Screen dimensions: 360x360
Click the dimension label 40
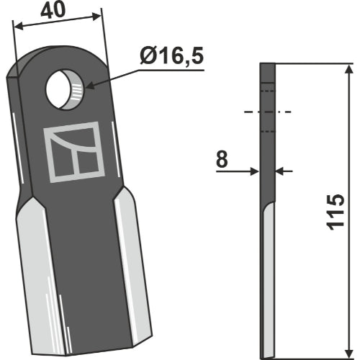pos(53,11)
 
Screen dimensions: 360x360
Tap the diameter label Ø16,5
pos(172,56)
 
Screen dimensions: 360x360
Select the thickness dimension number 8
pos(222,159)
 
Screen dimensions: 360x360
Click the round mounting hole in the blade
pos(65,90)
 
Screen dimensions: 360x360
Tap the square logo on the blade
pos(74,152)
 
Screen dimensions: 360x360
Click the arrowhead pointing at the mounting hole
pos(89,85)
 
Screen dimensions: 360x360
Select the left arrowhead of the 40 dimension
pos(18,26)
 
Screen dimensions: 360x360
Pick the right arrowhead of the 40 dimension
pos(96,16)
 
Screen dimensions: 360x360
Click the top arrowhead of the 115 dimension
pos(348,69)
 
